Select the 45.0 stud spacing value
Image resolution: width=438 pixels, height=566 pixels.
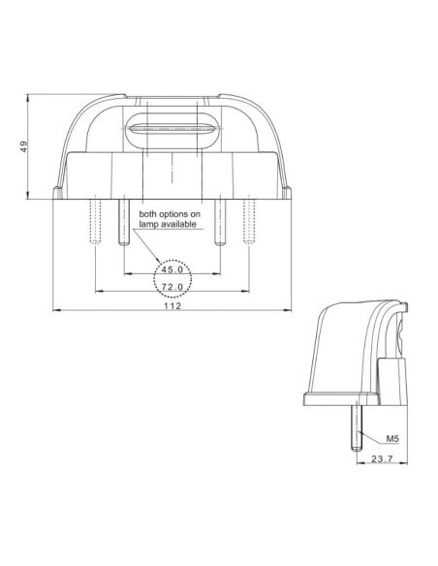click(x=172, y=270)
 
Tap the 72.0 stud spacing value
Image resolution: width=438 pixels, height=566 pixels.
click(x=172, y=288)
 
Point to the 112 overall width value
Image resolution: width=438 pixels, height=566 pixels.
click(x=172, y=306)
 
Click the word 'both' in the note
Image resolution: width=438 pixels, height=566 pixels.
click(x=150, y=212)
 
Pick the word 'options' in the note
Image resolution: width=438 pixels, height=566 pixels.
click(x=176, y=212)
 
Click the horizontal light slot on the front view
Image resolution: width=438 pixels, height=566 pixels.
click(x=171, y=127)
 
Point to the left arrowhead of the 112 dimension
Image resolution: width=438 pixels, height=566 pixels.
click(x=54, y=312)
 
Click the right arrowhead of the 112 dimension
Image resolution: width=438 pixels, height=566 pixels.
click(x=289, y=312)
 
